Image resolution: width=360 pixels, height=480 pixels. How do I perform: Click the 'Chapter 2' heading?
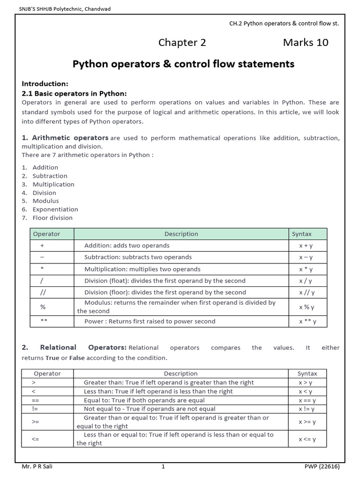tap(182, 43)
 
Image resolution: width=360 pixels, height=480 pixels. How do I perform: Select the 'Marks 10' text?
tap(306, 43)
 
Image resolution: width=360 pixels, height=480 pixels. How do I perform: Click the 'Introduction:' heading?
tap(45, 83)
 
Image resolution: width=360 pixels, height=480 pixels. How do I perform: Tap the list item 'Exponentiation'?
tap(55, 210)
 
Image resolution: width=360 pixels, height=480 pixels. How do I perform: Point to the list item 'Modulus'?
tap(45, 201)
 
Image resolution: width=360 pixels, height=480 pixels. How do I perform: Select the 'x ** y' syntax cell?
tap(307, 322)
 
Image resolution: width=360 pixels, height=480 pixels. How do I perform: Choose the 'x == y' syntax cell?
tap(307, 400)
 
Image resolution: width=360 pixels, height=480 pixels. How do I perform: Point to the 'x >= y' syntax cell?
tap(307, 422)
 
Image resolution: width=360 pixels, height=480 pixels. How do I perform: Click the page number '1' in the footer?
tap(163, 467)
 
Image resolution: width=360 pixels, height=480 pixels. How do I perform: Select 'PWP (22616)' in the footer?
tap(322, 467)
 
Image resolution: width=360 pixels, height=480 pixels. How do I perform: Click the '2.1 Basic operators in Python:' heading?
tap(74, 93)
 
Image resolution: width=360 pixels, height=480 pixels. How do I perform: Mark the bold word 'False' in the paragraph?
tap(77, 358)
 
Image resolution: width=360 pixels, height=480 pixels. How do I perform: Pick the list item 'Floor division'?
tap(52, 218)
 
